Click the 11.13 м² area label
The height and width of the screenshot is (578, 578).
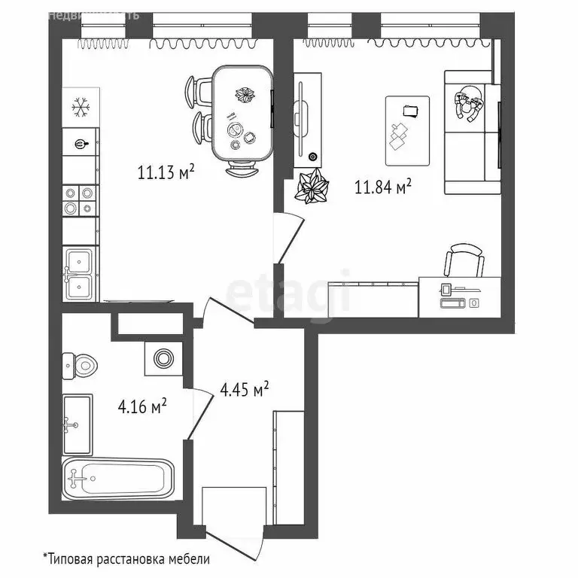click(166, 173)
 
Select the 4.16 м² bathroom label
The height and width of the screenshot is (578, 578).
click(142, 407)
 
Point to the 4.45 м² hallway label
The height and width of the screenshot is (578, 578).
click(245, 390)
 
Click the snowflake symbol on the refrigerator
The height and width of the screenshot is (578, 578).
click(81, 108)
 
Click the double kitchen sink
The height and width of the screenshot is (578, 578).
click(79, 272)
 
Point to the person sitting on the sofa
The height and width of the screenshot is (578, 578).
click(470, 108)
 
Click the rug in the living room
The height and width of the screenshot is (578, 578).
click(407, 130)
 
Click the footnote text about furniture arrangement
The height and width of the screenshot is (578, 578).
click(126, 559)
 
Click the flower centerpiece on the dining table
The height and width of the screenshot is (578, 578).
click(244, 96)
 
